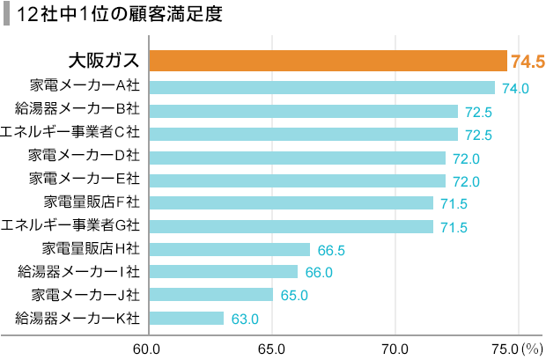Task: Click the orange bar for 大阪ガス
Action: tap(328, 61)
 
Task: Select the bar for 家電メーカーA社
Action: tap(321, 87)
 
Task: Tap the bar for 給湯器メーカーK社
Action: tap(186, 318)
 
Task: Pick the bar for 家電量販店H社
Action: tap(229, 249)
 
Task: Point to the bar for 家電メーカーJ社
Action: tap(210, 295)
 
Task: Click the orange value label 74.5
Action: tap(528, 62)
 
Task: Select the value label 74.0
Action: tap(514, 88)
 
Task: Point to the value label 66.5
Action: tap(330, 250)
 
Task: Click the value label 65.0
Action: tap(293, 296)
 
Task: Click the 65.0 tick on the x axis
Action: tap(271, 347)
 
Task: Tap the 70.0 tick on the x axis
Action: tap(395, 347)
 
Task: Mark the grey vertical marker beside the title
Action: tap(7, 14)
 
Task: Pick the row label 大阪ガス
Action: tap(104, 62)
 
